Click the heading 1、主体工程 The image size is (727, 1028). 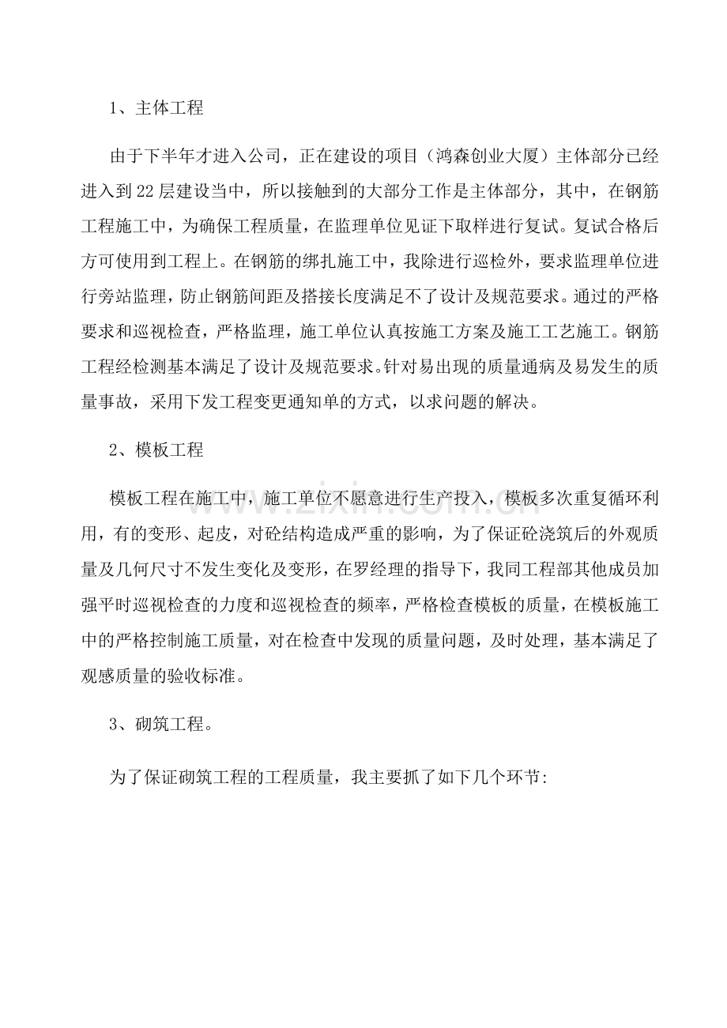pyautogui.click(x=156, y=108)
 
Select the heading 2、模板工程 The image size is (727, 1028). pyautogui.click(x=156, y=450)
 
